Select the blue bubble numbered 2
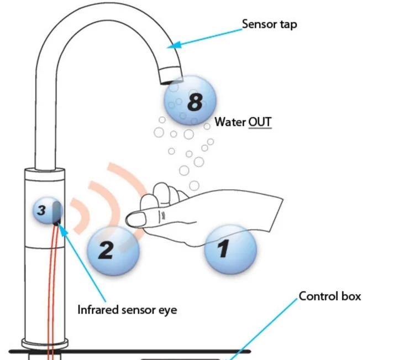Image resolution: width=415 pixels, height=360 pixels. (113, 251)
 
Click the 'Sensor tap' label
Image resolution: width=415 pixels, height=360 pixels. (269, 24)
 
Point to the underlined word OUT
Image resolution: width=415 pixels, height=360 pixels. (260, 122)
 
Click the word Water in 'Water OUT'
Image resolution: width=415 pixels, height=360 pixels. (230, 122)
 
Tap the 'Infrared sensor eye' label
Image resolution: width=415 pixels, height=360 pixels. (127, 310)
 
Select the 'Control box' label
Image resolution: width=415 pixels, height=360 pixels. (330, 296)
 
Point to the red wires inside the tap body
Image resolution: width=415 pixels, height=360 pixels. (52, 288)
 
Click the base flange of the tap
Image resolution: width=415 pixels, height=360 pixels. (45, 342)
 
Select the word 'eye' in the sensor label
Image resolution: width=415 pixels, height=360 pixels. (167, 310)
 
